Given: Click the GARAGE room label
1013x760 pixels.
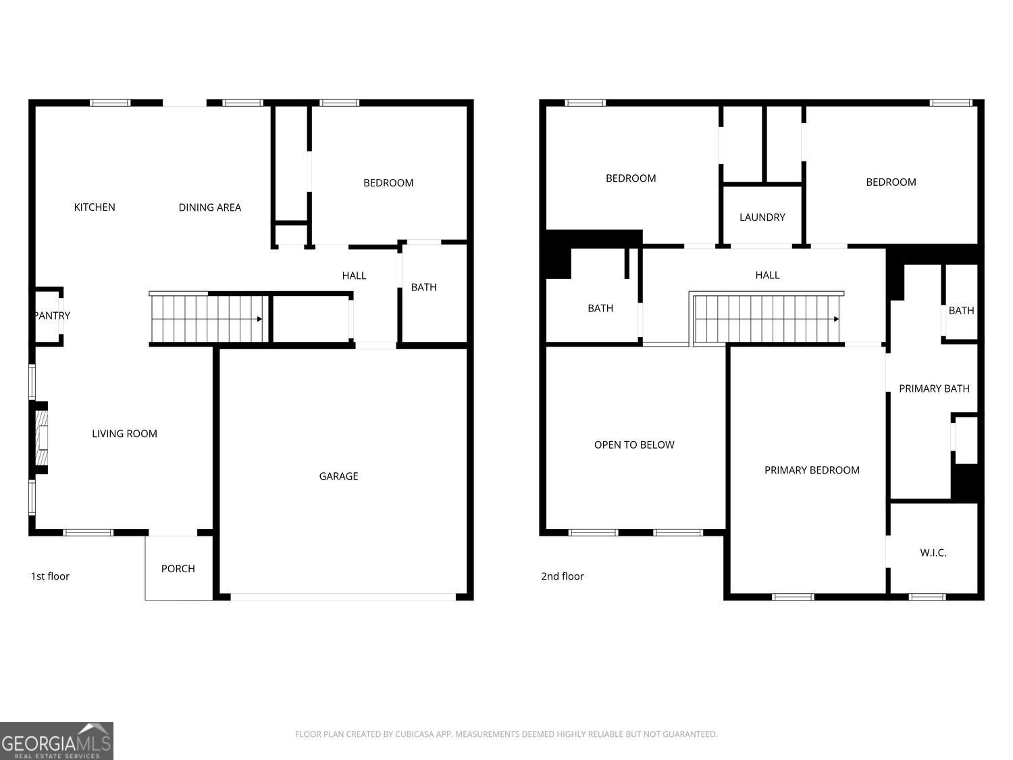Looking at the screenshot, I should [338, 476].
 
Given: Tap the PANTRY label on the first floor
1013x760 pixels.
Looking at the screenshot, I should [52, 315].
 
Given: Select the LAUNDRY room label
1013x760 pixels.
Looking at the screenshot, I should [762, 217].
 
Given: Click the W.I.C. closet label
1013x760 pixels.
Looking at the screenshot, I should [933, 553].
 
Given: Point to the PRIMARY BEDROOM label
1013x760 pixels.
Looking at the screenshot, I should [812, 470].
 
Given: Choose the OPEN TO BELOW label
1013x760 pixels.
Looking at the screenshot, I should [634, 445].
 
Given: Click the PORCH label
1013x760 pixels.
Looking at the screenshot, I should [178, 569].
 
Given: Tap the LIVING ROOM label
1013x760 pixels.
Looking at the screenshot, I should [124, 434].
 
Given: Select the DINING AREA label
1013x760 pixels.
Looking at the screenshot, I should [209, 207].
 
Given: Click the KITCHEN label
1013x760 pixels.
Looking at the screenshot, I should [95, 207].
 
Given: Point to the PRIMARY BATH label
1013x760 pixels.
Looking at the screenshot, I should [934, 388].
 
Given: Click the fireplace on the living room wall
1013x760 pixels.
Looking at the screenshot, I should [41, 438].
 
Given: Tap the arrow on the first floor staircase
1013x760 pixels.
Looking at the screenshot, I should [259, 319].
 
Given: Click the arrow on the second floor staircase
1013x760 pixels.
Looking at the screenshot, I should [836, 320].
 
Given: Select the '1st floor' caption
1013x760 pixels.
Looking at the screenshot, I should [50, 576].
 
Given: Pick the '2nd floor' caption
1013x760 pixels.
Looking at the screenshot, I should [562, 576].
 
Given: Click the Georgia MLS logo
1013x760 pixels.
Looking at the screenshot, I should [57, 741].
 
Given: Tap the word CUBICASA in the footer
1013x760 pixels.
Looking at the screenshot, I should [414, 734].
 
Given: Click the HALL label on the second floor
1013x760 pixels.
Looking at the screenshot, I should [767, 275].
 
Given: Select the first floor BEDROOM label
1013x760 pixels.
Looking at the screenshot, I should [388, 183].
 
